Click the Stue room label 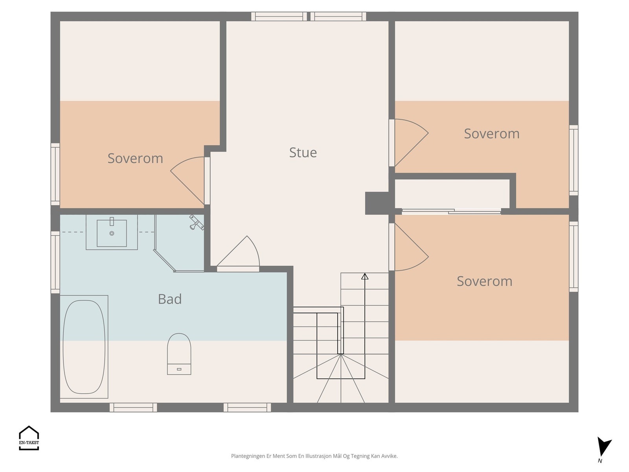point(303,153)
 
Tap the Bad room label point(170,299)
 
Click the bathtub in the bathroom point(84,347)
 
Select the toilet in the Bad point(179,354)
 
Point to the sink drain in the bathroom point(112,233)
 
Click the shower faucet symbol point(196,222)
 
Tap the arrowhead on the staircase point(365,276)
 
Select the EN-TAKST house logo point(29,438)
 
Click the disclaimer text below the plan point(314,456)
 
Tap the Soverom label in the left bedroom point(135,159)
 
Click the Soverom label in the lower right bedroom point(485,281)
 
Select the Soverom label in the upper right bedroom point(492,134)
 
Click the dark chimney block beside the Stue point(377,203)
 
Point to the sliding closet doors point(451,212)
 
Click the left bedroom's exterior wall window point(55,174)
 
